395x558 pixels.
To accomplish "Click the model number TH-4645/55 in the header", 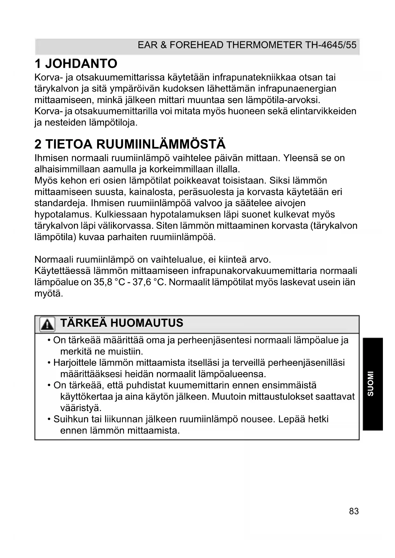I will click(x=331, y=45).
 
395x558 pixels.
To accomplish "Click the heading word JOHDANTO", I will click(x=81, y=64).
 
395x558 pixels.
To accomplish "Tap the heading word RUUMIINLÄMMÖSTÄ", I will click(x=161, y=144).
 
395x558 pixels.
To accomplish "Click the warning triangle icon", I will click(x=47, y=324).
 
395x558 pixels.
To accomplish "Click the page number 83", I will click(x=354, y=511).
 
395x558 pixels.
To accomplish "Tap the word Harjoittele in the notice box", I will click(x=74, y=363).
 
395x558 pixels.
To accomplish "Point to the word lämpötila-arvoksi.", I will click(x=283, y=100).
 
